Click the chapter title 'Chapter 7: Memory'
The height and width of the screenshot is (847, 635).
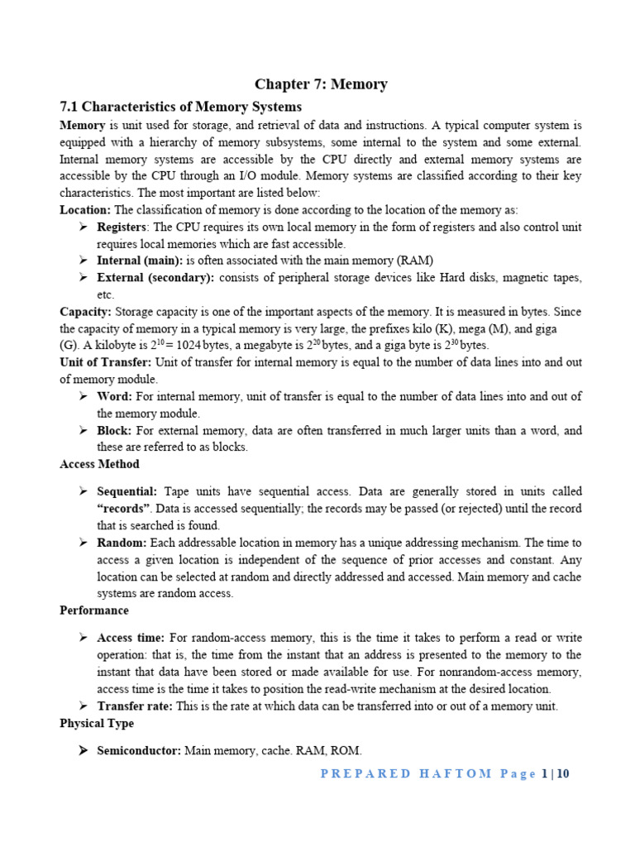pos(321,84)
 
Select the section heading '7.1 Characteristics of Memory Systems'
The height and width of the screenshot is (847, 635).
pos(181,107)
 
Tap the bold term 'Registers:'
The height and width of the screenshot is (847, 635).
pos(123,227)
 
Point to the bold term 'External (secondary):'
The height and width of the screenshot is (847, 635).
pos(155,277)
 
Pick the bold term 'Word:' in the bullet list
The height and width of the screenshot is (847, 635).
pos(115,396)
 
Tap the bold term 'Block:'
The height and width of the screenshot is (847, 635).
pos(116,430)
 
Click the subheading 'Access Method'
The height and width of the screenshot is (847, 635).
pos(99,464)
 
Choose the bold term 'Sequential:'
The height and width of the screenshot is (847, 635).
pos(127,491)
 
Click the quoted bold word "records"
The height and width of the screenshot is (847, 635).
pos(124,508)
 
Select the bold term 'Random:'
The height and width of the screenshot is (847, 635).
pos(122,543)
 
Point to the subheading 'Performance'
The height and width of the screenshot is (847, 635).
pos(94,610)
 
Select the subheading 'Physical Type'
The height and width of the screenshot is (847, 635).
pos(97,723)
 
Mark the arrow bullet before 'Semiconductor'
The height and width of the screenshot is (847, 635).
pos(84,750)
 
